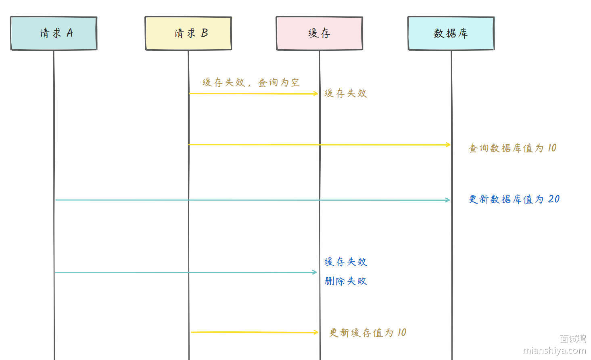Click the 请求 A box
(54, 33)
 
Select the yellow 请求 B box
(188, 33)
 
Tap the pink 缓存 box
(320, 33)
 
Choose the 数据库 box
(451, 33)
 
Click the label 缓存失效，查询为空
(251, 82)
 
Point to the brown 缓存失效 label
(346, 94)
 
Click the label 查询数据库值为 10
(513, 148)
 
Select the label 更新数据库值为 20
(514, 199)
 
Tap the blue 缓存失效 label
(346, 262)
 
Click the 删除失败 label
(346, 281)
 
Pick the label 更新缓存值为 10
(368, 333)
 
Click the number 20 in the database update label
(554, 199)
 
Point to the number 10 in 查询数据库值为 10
(552, 148)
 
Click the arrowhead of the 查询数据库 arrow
(448, 145)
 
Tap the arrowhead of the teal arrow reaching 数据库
(447, 200)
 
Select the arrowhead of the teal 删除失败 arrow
(315, 272)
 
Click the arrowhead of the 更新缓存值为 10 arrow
(316, 332)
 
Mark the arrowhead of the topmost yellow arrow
(315, 94)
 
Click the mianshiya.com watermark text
(554, 350)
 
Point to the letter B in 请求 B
(204, 33)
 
